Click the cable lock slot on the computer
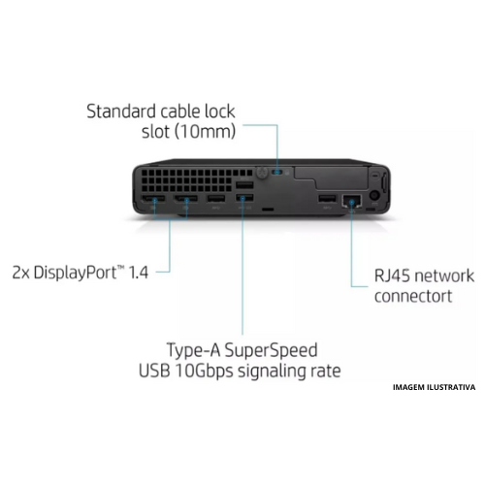282,173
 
